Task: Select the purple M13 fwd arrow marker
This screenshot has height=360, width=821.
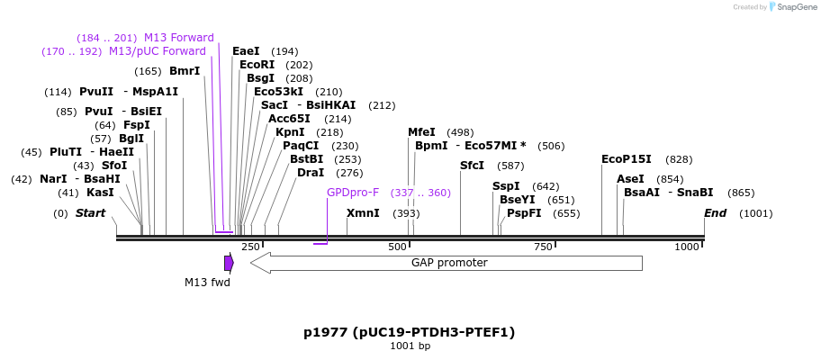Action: (x=229, y=263)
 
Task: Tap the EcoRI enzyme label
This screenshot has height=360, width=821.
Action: (x=257, y=65)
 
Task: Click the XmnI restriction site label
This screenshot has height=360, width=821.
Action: (x=363, y=213)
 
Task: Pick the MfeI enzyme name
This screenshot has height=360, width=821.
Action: (x=421, y=132)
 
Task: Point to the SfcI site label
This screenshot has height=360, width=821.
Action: (x=472, y=166)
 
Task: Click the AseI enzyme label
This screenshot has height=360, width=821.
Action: (x=630, y=179)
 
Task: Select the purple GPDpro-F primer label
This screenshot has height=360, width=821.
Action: (x=353, y=193)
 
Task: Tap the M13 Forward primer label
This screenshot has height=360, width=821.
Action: (x=179, y=38)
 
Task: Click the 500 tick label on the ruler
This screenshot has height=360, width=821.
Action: (x=397, y=247)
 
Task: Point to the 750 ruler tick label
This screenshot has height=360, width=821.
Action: (x=543, y=247)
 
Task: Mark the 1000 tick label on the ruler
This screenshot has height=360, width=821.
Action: (x=687, y=247)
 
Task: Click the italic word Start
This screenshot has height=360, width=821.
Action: (x=90, y=213)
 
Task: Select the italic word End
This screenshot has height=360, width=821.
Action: (x=715, y=213)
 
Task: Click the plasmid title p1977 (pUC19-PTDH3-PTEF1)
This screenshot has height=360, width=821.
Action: (x=410, y=332)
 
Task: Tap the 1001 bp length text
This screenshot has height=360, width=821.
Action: (x=410, y=346)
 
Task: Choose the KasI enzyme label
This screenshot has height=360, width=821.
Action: (x=100, y=193)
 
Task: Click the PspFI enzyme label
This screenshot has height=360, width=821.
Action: (x=524, y=213)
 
